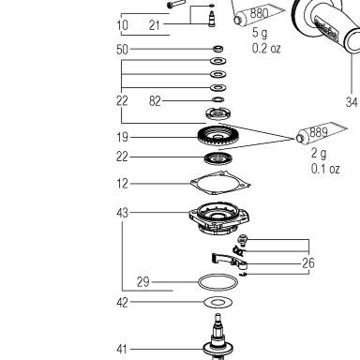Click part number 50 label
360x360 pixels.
point(122,50)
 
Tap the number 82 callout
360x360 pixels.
point(155,101)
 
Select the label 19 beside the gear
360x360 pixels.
point(122,137)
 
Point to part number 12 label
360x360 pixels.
point(122,184)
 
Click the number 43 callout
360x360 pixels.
point(122,213)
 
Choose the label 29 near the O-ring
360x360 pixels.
point(143,282)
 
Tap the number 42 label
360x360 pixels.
point(122,302)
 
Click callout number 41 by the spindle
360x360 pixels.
point(122,349)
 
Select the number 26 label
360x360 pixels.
point(308,263)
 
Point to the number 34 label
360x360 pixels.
point(352,102)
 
